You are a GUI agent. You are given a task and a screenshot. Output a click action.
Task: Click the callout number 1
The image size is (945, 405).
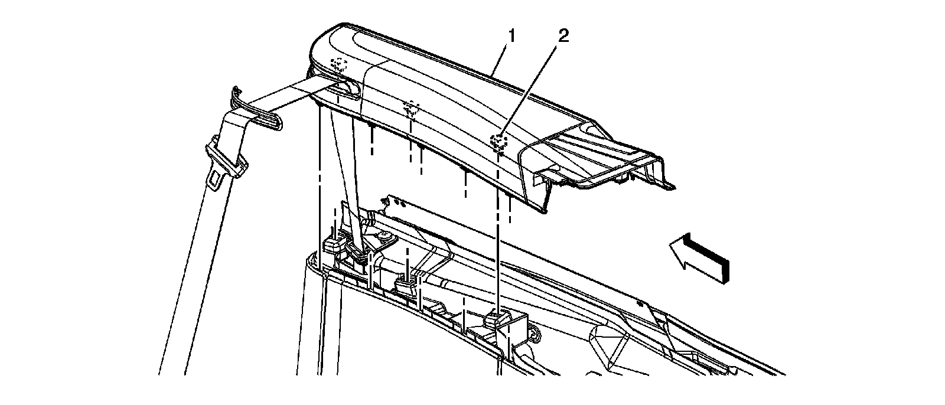tap(511, 37)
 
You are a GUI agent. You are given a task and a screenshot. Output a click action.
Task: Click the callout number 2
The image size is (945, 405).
tap(563, 37)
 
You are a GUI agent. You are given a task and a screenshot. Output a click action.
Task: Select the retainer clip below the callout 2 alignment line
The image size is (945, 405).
tap(495, 320)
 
